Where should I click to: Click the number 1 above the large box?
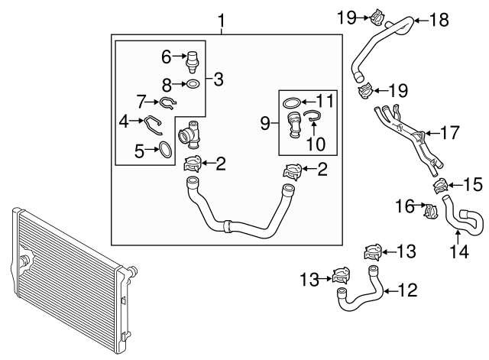[x=222, y=20]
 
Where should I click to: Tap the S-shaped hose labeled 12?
[x=359, y=286]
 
